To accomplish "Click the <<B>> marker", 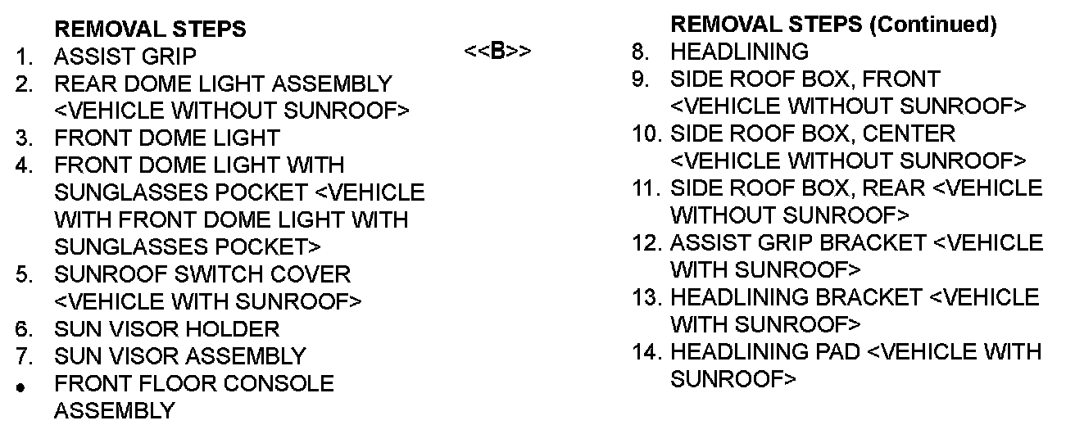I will click(497, 52).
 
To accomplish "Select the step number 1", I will click(24, 57).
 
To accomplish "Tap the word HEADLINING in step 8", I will click(739, 52).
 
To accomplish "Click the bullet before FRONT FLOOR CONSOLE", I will click(23, 385).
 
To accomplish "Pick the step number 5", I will click(24, 274).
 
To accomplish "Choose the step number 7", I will click(24, 357).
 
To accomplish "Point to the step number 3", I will click(24, 138).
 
